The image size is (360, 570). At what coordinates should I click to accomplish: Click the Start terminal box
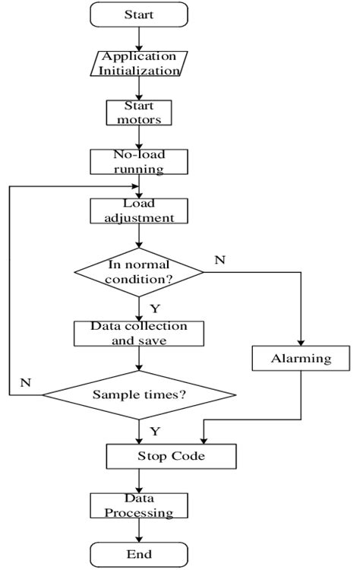click(137, 14)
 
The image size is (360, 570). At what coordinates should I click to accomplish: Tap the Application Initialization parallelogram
click(137, 64)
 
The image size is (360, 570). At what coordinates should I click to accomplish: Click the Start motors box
click(137, 112)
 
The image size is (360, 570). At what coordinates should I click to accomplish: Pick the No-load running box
click(137, 162)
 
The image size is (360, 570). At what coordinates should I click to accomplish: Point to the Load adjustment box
click(137, 211)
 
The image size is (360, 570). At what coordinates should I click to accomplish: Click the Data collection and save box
click(137, 333)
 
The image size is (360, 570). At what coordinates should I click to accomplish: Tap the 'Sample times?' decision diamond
click(138, 394)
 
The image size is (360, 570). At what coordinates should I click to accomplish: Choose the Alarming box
click(302, 358)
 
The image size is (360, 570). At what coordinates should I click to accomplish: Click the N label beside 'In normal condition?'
click(219, 260)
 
